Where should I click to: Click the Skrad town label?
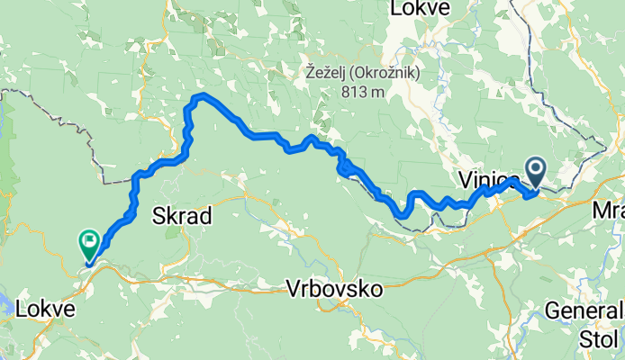[182, 216]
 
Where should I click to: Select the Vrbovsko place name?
[334, 290]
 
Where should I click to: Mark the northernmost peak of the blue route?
[204, 95]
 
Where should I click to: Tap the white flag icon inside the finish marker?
[90, 239]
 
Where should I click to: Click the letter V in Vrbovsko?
[293, 290]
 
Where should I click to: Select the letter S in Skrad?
[159, 216]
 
